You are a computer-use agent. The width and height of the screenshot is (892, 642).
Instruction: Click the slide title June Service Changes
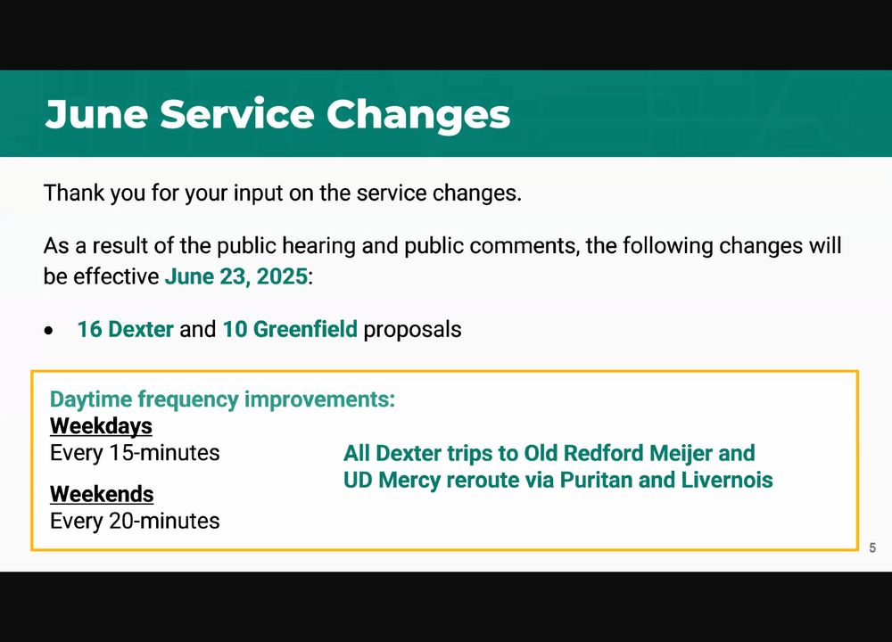[x=277, y=114]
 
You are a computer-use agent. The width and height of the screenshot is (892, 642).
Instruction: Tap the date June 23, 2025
[x=236, y=277]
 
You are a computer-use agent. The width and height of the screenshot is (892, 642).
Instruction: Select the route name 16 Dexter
[x=125, y=329]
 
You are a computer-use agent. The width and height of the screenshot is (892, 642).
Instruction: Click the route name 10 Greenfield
[x=290, y=329]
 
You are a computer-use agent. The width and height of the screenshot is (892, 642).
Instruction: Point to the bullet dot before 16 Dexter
[x=49, y=331]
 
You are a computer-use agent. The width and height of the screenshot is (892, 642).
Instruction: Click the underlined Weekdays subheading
[x=102, y=426]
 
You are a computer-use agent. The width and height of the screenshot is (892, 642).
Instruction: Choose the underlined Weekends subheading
[x=102, y=494]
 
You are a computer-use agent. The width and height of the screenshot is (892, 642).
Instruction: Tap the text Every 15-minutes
[x=135, y=453]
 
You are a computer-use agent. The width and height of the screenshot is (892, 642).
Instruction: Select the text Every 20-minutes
[x=135, y=521]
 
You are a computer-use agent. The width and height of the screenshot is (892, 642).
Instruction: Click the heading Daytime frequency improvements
[x=222, y=399]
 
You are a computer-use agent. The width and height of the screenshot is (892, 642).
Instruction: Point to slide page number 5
[x=872, y=547]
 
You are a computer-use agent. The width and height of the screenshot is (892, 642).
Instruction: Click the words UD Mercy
[x=392, y=480]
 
